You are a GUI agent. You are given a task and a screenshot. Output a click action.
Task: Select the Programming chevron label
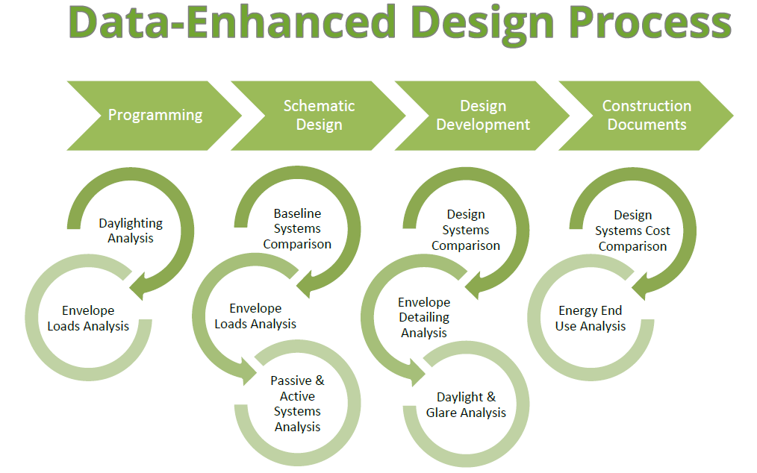point(155,116)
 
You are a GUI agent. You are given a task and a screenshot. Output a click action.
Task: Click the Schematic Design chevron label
point(319,115)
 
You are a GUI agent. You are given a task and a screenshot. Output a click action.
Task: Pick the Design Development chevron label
point(483,115)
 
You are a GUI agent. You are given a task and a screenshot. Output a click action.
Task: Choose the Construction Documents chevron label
point(647,115)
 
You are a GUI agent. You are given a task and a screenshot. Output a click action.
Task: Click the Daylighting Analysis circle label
point(131,231)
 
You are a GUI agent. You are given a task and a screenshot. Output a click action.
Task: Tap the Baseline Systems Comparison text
point(297,228)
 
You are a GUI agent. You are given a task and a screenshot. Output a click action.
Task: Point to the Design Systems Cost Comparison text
point(632,231)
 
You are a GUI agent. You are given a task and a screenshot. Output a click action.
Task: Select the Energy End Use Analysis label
point(590,318)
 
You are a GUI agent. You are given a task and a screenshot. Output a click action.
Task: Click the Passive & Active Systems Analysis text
point(297,404)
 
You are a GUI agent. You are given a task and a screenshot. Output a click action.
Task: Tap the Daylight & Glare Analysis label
point(466,404)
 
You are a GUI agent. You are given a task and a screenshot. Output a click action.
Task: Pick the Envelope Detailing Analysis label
point(424,317)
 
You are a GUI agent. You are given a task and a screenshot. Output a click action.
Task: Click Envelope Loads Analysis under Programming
point(88,318)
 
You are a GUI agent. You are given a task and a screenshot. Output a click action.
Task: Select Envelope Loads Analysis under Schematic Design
point(255,316)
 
